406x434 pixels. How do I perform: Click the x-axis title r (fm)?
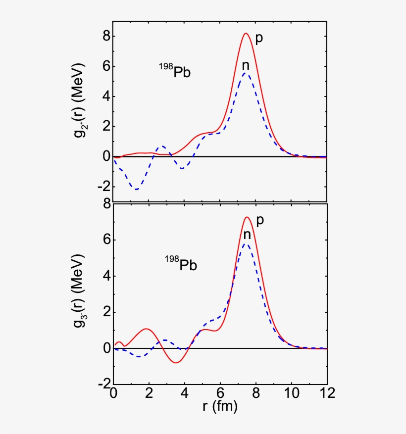tap(220, 407)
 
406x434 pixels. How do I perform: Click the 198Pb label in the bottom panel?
tap(181, 264)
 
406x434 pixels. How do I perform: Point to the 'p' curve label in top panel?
tap(258, 39)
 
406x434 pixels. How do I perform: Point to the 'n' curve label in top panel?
tap(245, 65)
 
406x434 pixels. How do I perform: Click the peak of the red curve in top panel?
tap(246, 33)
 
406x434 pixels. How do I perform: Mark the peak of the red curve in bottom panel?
tap(247, 217)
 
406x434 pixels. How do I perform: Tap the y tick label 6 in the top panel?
tap(103, 67)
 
